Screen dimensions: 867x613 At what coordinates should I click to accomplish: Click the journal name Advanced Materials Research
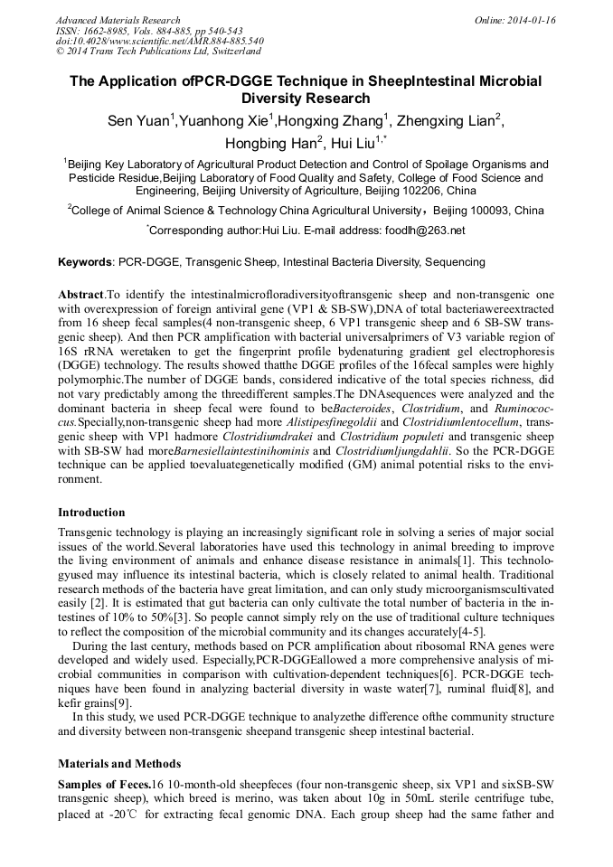click(118, 20)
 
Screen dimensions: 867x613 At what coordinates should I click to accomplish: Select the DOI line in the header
click(160, 42)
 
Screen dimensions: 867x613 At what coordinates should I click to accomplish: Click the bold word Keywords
click(85, 262)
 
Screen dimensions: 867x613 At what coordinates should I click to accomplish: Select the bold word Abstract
click(81, 296)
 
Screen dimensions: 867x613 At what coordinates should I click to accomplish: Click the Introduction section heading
click(91, 513)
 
